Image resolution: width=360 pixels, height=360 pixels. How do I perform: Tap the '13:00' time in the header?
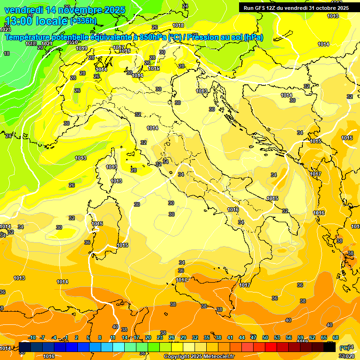pos(18,21)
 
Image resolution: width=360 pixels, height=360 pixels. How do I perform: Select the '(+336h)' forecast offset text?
pos(83,21)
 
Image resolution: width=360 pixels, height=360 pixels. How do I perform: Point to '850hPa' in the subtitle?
pos(152,37)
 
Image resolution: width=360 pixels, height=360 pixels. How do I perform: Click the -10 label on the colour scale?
pos(32,337)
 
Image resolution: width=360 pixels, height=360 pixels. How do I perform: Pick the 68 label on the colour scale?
pos(336,337)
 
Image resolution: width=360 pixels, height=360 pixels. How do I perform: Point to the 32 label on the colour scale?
pos(195,337)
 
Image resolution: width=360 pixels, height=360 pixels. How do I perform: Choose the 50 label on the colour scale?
pos(265,337)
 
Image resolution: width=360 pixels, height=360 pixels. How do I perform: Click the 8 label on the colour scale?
pos(100,337)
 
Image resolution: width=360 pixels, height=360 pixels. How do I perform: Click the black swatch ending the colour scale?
pos(330,347)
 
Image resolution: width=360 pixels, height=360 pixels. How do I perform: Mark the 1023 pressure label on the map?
pos(5,29)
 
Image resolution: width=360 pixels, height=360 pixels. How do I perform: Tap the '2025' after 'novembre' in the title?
pos(115,9)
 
